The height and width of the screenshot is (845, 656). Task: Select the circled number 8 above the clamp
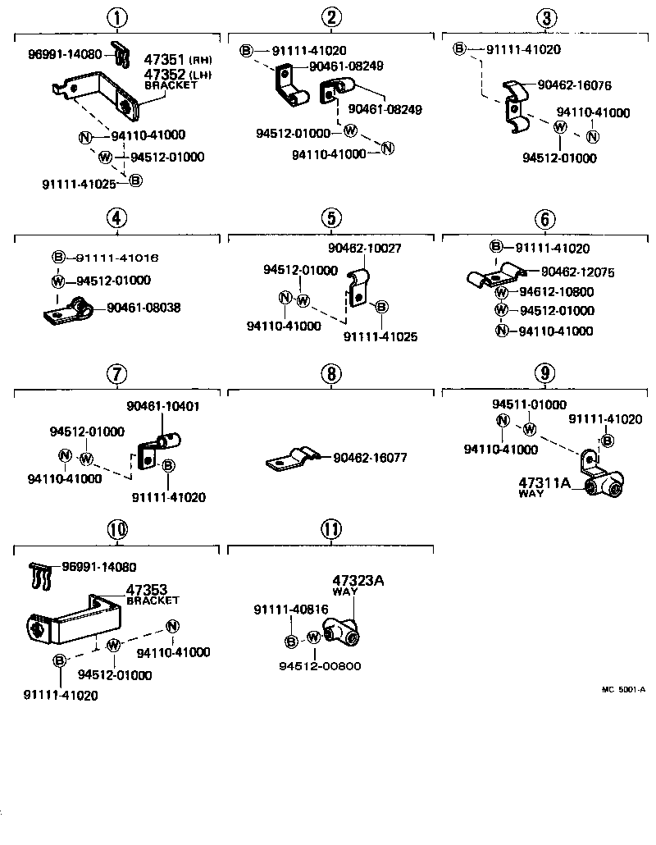click(x=330, y=374)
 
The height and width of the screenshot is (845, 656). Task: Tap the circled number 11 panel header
click(x=330, y=529)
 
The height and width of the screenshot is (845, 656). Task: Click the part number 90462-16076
click(x=574, y=84)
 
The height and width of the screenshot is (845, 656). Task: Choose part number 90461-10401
click(x=162, y=406)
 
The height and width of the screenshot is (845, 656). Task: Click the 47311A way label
click(x=543, y=483)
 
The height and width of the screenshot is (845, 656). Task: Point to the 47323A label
click(x=358, y=581)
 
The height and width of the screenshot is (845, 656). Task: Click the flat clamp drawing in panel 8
click(x=289, y=461)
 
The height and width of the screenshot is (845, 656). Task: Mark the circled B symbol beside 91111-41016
click(x=58, y=258)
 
